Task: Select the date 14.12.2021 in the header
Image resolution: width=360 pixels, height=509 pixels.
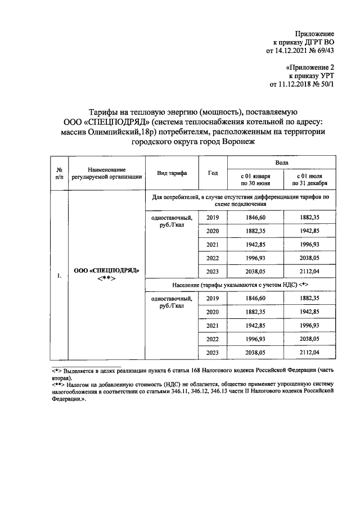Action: pyautogui.click(x=288, y=51)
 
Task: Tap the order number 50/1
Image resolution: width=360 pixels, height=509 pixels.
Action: pyautogui.click(x=325, y=85)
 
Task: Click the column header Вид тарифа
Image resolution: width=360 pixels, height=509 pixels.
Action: pyautogui.click(x=172, y=173)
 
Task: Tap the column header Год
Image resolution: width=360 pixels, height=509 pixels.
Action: pyautogui.click(x=213, y=173)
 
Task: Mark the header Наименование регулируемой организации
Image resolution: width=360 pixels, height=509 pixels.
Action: pyautogui.click(x=107, y=173)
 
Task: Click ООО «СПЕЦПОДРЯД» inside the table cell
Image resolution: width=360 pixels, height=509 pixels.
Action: pyautogui.click(x=106, y=269)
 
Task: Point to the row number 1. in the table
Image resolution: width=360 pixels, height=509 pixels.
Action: pyautogui.click(x=59, y=276)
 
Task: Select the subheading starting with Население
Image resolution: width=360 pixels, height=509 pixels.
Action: pyautogui.click(x=242, y=285)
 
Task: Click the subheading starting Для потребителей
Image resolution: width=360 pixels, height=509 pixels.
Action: pyautogui.click(x=242, y=201)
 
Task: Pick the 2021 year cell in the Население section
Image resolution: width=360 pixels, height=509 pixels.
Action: pyautogui.click(x=213, y=326)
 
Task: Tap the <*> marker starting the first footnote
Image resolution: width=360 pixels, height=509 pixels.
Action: pyautogui.click(x=56, y=372)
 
